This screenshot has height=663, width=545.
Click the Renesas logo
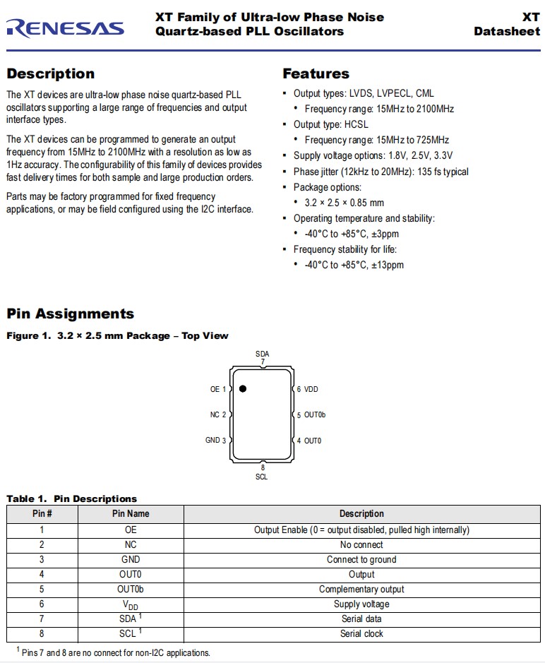coord(65,28)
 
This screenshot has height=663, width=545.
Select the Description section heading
coord(50,73)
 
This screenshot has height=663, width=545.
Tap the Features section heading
coord(316,73)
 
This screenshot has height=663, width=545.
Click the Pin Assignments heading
coord(70,313)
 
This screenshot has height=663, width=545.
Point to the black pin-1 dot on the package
coord(243,388)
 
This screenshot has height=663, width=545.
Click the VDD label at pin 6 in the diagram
coord(311,389)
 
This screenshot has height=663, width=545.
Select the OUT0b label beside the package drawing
coord(315,415)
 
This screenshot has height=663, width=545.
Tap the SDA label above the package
coord(262,354)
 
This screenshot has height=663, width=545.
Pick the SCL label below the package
coord(262,477)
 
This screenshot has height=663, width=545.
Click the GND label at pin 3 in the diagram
coord(212,441)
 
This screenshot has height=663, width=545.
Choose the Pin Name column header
coord(131,514)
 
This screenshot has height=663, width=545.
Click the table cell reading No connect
coord(361,544)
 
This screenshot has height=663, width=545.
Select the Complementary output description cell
coord(361,589)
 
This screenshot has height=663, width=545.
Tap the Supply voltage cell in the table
coord(361,604)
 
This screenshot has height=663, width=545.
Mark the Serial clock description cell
coord(361,633)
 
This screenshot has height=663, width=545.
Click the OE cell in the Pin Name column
coord(131,530)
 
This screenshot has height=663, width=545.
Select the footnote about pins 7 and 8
coord(113,652)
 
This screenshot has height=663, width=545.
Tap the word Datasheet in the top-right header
coord(507,31)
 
